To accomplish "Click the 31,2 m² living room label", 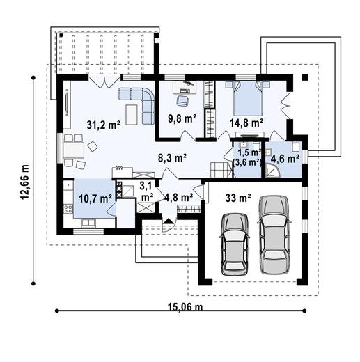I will [103, 125].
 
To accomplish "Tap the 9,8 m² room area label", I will [182, 118].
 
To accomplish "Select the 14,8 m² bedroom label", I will [247, 123].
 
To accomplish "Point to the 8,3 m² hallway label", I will [171, 159].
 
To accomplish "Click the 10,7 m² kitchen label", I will [95, 198].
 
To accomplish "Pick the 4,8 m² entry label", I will [178, 197].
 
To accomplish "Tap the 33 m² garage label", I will [238, 197].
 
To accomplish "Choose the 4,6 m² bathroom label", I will [285, 157].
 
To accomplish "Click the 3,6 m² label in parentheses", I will [248, 162].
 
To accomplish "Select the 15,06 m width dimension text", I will [185, 307].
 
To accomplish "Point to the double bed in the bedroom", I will [246, 100].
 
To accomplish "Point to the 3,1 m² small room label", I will [146, 191].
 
